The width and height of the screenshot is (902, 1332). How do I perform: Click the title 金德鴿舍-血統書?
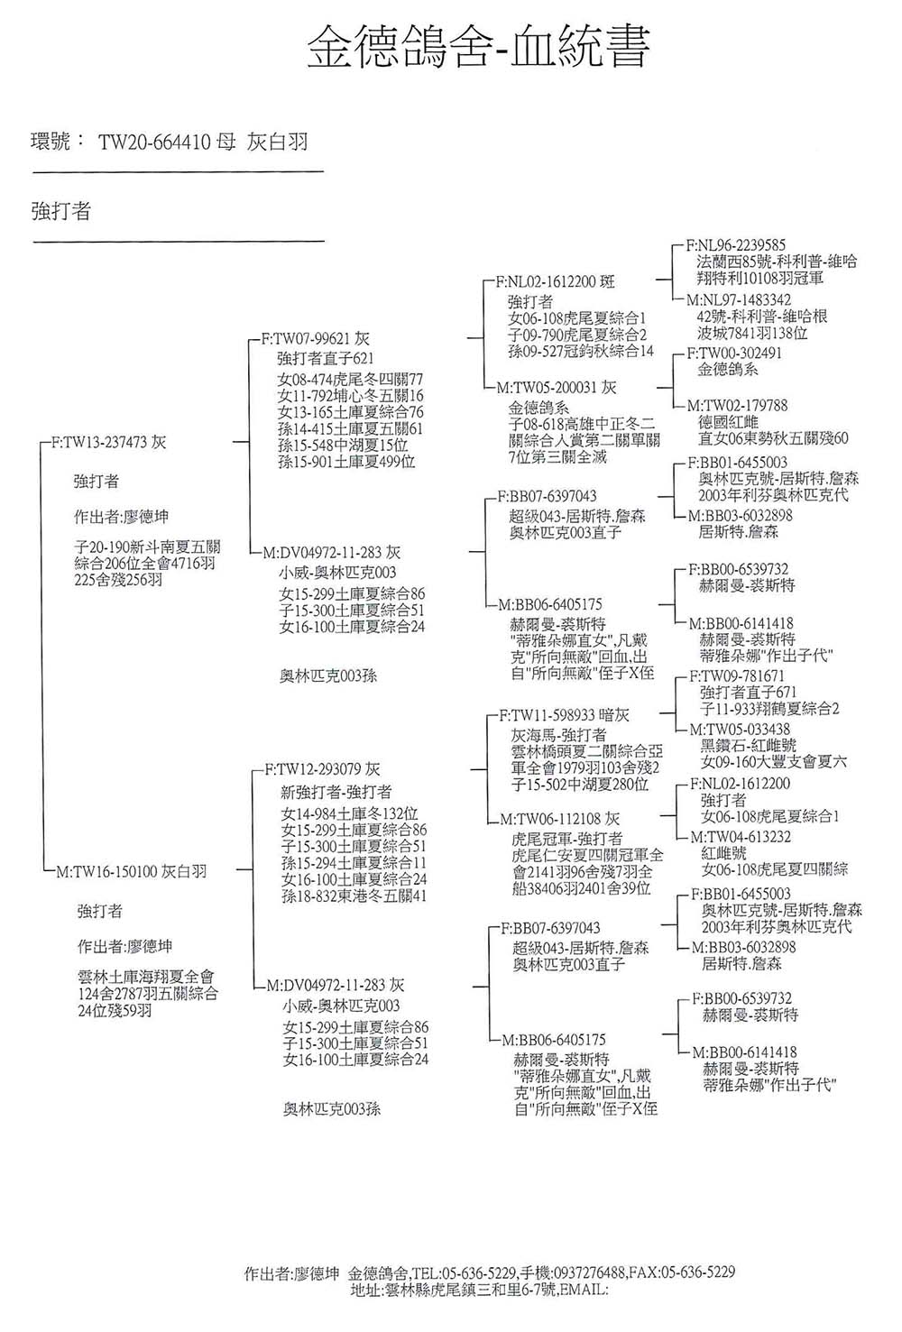[478, 46]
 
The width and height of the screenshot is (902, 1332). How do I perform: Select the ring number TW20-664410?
[154, 142]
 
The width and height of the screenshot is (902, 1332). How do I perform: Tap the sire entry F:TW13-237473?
[109, 443]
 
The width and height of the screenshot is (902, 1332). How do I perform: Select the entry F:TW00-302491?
[734, 353]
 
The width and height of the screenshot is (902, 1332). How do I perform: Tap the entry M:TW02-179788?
[737, 407]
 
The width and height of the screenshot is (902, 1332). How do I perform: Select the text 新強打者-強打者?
[336, 792]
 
